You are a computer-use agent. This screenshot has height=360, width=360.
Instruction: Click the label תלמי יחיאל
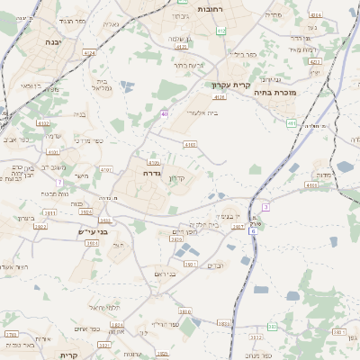coord(104,307)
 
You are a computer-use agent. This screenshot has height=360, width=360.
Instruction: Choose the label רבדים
coord(216,265)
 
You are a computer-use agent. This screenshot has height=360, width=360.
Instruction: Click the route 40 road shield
coord(165,113)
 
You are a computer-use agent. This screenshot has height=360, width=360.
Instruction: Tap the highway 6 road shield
coord(254,231)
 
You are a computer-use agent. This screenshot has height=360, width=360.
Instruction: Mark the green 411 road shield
coord(291,123)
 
